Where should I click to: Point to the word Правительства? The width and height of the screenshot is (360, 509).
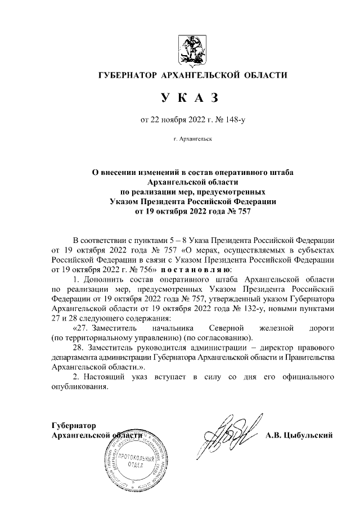point(310,358)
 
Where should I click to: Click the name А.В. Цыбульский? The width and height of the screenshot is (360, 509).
point(300,435)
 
